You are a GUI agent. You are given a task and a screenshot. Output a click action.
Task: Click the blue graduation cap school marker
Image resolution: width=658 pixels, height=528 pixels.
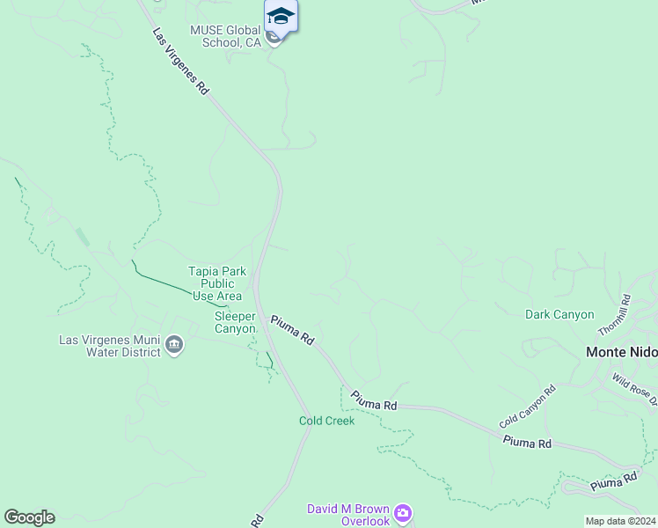pos(281,17)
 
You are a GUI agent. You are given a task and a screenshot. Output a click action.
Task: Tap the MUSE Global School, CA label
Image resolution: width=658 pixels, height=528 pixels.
pos(226,36)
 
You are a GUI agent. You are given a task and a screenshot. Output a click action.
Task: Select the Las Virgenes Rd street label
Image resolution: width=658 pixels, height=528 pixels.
pos(180,62)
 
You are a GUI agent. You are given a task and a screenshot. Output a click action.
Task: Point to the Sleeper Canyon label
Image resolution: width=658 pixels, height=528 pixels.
pos(235,322)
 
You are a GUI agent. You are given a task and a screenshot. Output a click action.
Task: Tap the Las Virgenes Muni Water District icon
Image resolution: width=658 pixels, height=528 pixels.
pos(174,345)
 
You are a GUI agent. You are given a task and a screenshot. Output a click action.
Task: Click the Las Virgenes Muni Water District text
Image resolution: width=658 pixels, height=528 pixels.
pos(110,346)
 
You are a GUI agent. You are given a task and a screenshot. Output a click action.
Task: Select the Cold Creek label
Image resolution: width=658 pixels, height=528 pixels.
pos(326,421)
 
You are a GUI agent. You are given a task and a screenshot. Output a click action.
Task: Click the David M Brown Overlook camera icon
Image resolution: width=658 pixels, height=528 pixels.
pos(403,512)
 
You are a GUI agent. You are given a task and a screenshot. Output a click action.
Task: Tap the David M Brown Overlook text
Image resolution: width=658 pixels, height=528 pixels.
pos(347,515)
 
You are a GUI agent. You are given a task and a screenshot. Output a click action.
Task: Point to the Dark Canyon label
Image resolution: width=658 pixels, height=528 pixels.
pos(559,314)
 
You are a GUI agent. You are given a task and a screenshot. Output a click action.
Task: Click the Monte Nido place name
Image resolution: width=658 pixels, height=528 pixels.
pos(622,352)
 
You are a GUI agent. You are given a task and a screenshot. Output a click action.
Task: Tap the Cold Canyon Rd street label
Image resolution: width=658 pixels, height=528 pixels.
pos(527,406)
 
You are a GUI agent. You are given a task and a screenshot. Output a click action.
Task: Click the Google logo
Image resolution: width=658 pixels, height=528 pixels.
pos(29,517)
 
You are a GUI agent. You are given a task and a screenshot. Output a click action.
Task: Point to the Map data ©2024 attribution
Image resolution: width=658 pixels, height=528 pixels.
pos(620,521)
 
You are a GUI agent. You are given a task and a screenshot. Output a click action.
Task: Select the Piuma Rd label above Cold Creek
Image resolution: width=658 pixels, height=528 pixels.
pos(374,400)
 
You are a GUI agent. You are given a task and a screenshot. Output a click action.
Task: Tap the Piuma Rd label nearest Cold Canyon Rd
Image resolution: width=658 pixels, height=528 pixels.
pos(527,443)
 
